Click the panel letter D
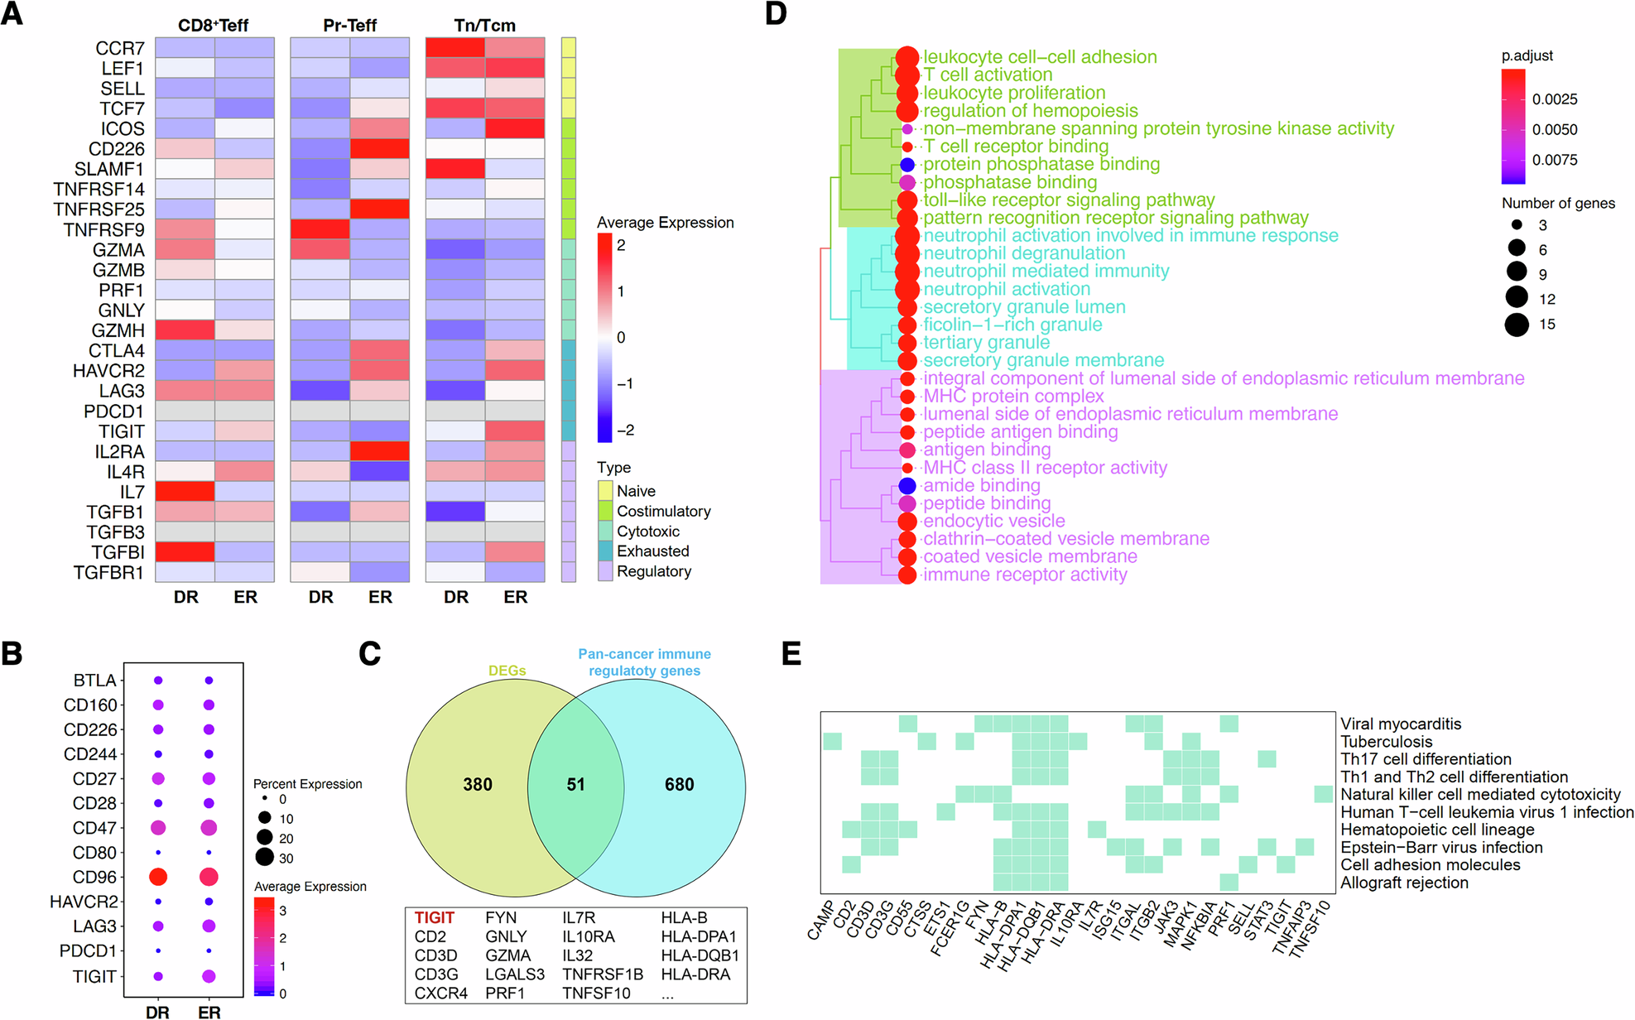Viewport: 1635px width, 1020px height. click(776, 14)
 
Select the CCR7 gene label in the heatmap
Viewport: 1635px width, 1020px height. click(119, 48)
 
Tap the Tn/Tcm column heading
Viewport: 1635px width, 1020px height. click(484, 26)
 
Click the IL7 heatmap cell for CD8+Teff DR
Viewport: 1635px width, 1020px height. click(185, 492)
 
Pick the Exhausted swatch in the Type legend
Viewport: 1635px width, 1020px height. click(605, 551)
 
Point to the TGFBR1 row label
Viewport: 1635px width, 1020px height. click(108, 572)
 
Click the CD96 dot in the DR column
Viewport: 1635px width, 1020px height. click(157, 877)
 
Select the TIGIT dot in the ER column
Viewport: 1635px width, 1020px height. click(209, 976)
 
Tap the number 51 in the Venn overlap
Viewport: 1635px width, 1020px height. click(575, 784)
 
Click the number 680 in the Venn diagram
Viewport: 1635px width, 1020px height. click(679, 784)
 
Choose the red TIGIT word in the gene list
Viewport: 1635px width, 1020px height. click(435, 917)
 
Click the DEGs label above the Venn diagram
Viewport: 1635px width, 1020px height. click(507, 671)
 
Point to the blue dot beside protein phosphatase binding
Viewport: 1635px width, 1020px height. click(907, 165)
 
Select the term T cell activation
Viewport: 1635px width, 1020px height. click(988, 75)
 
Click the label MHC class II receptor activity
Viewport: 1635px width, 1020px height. click(1045, 468)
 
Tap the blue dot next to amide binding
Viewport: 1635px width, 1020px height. click(907, 486)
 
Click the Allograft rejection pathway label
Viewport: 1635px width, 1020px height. click(1404, 883)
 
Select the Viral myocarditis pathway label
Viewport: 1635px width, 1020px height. click(1401, 724)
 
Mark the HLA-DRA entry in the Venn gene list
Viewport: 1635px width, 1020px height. click(695, 974)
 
